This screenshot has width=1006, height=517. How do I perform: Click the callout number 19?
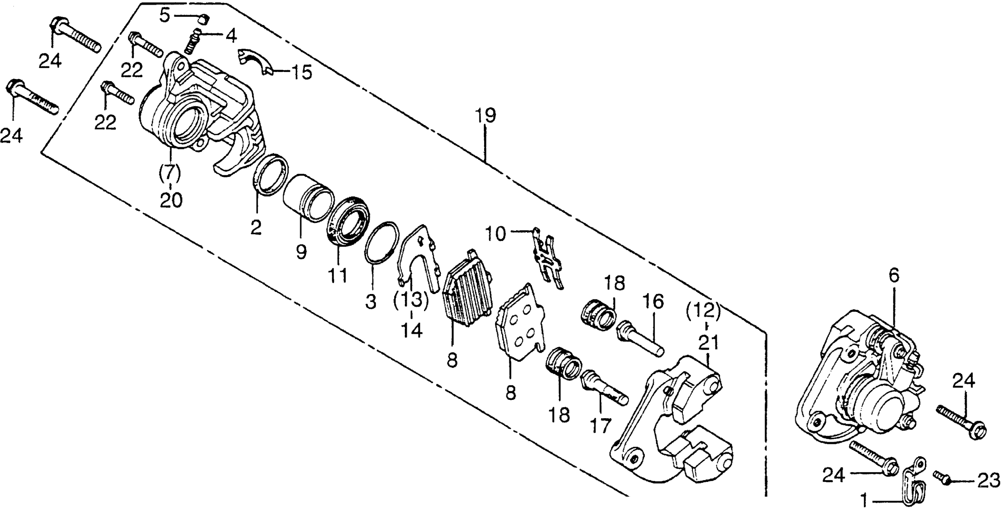pos(485,116)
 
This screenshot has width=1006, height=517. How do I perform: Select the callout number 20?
pos(171,200)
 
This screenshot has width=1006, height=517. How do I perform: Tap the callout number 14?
pos(412,331)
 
